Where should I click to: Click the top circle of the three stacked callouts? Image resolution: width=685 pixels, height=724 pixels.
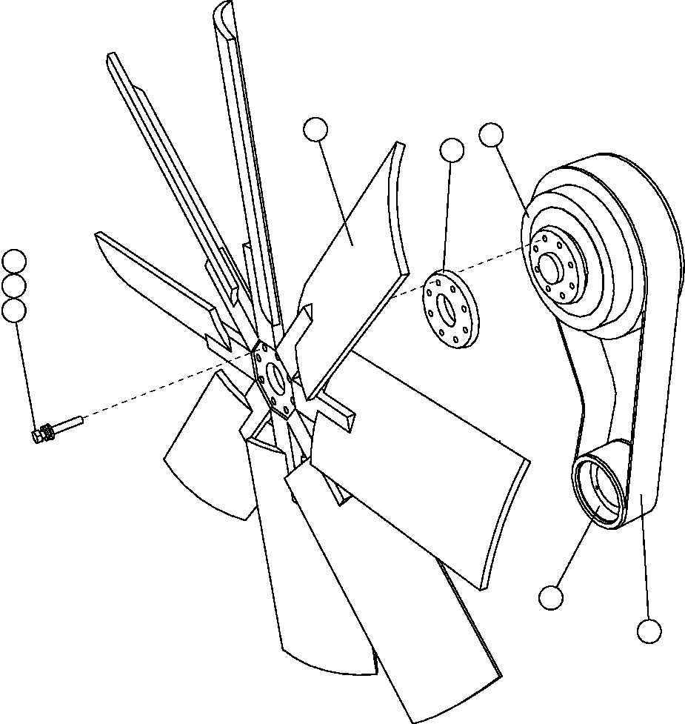pyautogui.click(x=14, y=261)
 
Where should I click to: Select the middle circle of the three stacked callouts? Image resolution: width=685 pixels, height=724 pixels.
pyautogui.click(x=14, y=285)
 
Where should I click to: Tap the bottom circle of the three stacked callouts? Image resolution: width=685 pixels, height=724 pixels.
pyautogui.click(x=14, y=310)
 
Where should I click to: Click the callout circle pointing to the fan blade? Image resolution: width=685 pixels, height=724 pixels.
pyautogui.click(x=315, y=129)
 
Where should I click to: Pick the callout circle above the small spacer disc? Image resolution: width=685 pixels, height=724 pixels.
pyautogui.click(x=452, y=150)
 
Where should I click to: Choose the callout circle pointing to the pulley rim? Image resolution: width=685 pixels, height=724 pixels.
pyautogui.click(x=491, y=135)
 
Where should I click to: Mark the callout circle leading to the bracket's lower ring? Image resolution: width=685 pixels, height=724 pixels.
pyautogui.click(x=551, y=597)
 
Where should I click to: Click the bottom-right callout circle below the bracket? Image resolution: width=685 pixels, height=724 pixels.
pyautogui.click(x=649, y=631)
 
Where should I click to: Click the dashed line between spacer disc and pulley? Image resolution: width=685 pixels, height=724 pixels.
pyautogui.click(x=496, y=263)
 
